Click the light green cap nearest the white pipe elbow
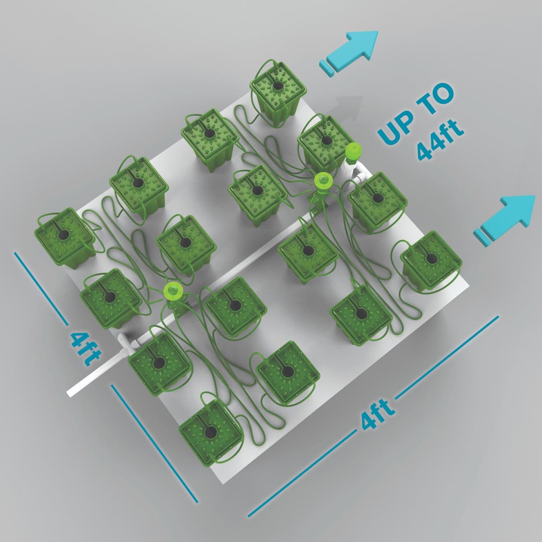(172, 290)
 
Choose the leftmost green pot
(65, 238)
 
